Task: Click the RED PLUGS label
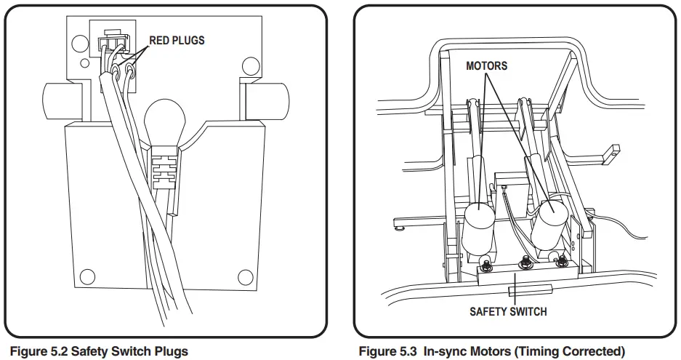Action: [177, 40]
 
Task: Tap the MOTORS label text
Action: [486, 66]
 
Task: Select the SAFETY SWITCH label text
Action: [508, 312]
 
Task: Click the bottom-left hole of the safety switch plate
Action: [87, 276]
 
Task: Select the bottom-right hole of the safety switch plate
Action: [246, 276]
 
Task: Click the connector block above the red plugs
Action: [112, 36]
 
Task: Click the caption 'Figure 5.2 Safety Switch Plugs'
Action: [99, 351]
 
